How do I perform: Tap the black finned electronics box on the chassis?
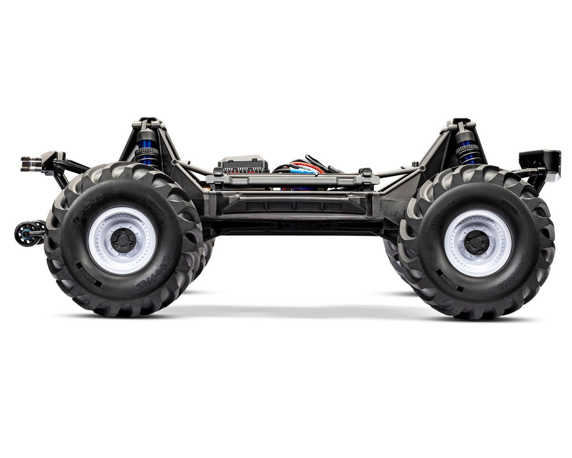243,165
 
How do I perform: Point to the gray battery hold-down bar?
292,180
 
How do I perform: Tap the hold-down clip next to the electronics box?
218,172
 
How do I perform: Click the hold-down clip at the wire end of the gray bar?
366,172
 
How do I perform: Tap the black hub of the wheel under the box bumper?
477,243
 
